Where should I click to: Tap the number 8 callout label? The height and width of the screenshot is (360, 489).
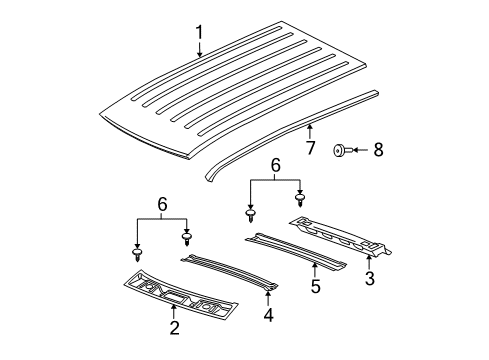point(377,151)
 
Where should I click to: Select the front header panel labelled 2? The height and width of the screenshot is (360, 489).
point(174,294)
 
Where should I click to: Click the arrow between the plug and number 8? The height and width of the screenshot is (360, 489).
point(360,151)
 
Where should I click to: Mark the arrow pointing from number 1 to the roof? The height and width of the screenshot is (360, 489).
point(198,57)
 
